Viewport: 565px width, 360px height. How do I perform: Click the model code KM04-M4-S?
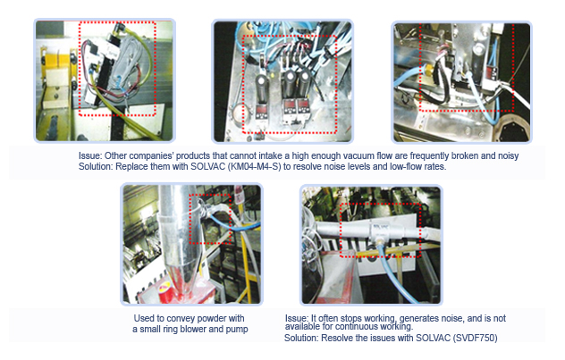[255, 167]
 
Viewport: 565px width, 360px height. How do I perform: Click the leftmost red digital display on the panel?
[260, 110]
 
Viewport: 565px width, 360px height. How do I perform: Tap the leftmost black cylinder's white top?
[262, 79]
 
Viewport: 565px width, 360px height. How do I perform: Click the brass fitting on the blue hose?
[428, 70]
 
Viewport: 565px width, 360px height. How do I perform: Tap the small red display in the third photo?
[491, 72]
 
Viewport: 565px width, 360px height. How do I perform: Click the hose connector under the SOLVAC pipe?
[379, 242]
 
